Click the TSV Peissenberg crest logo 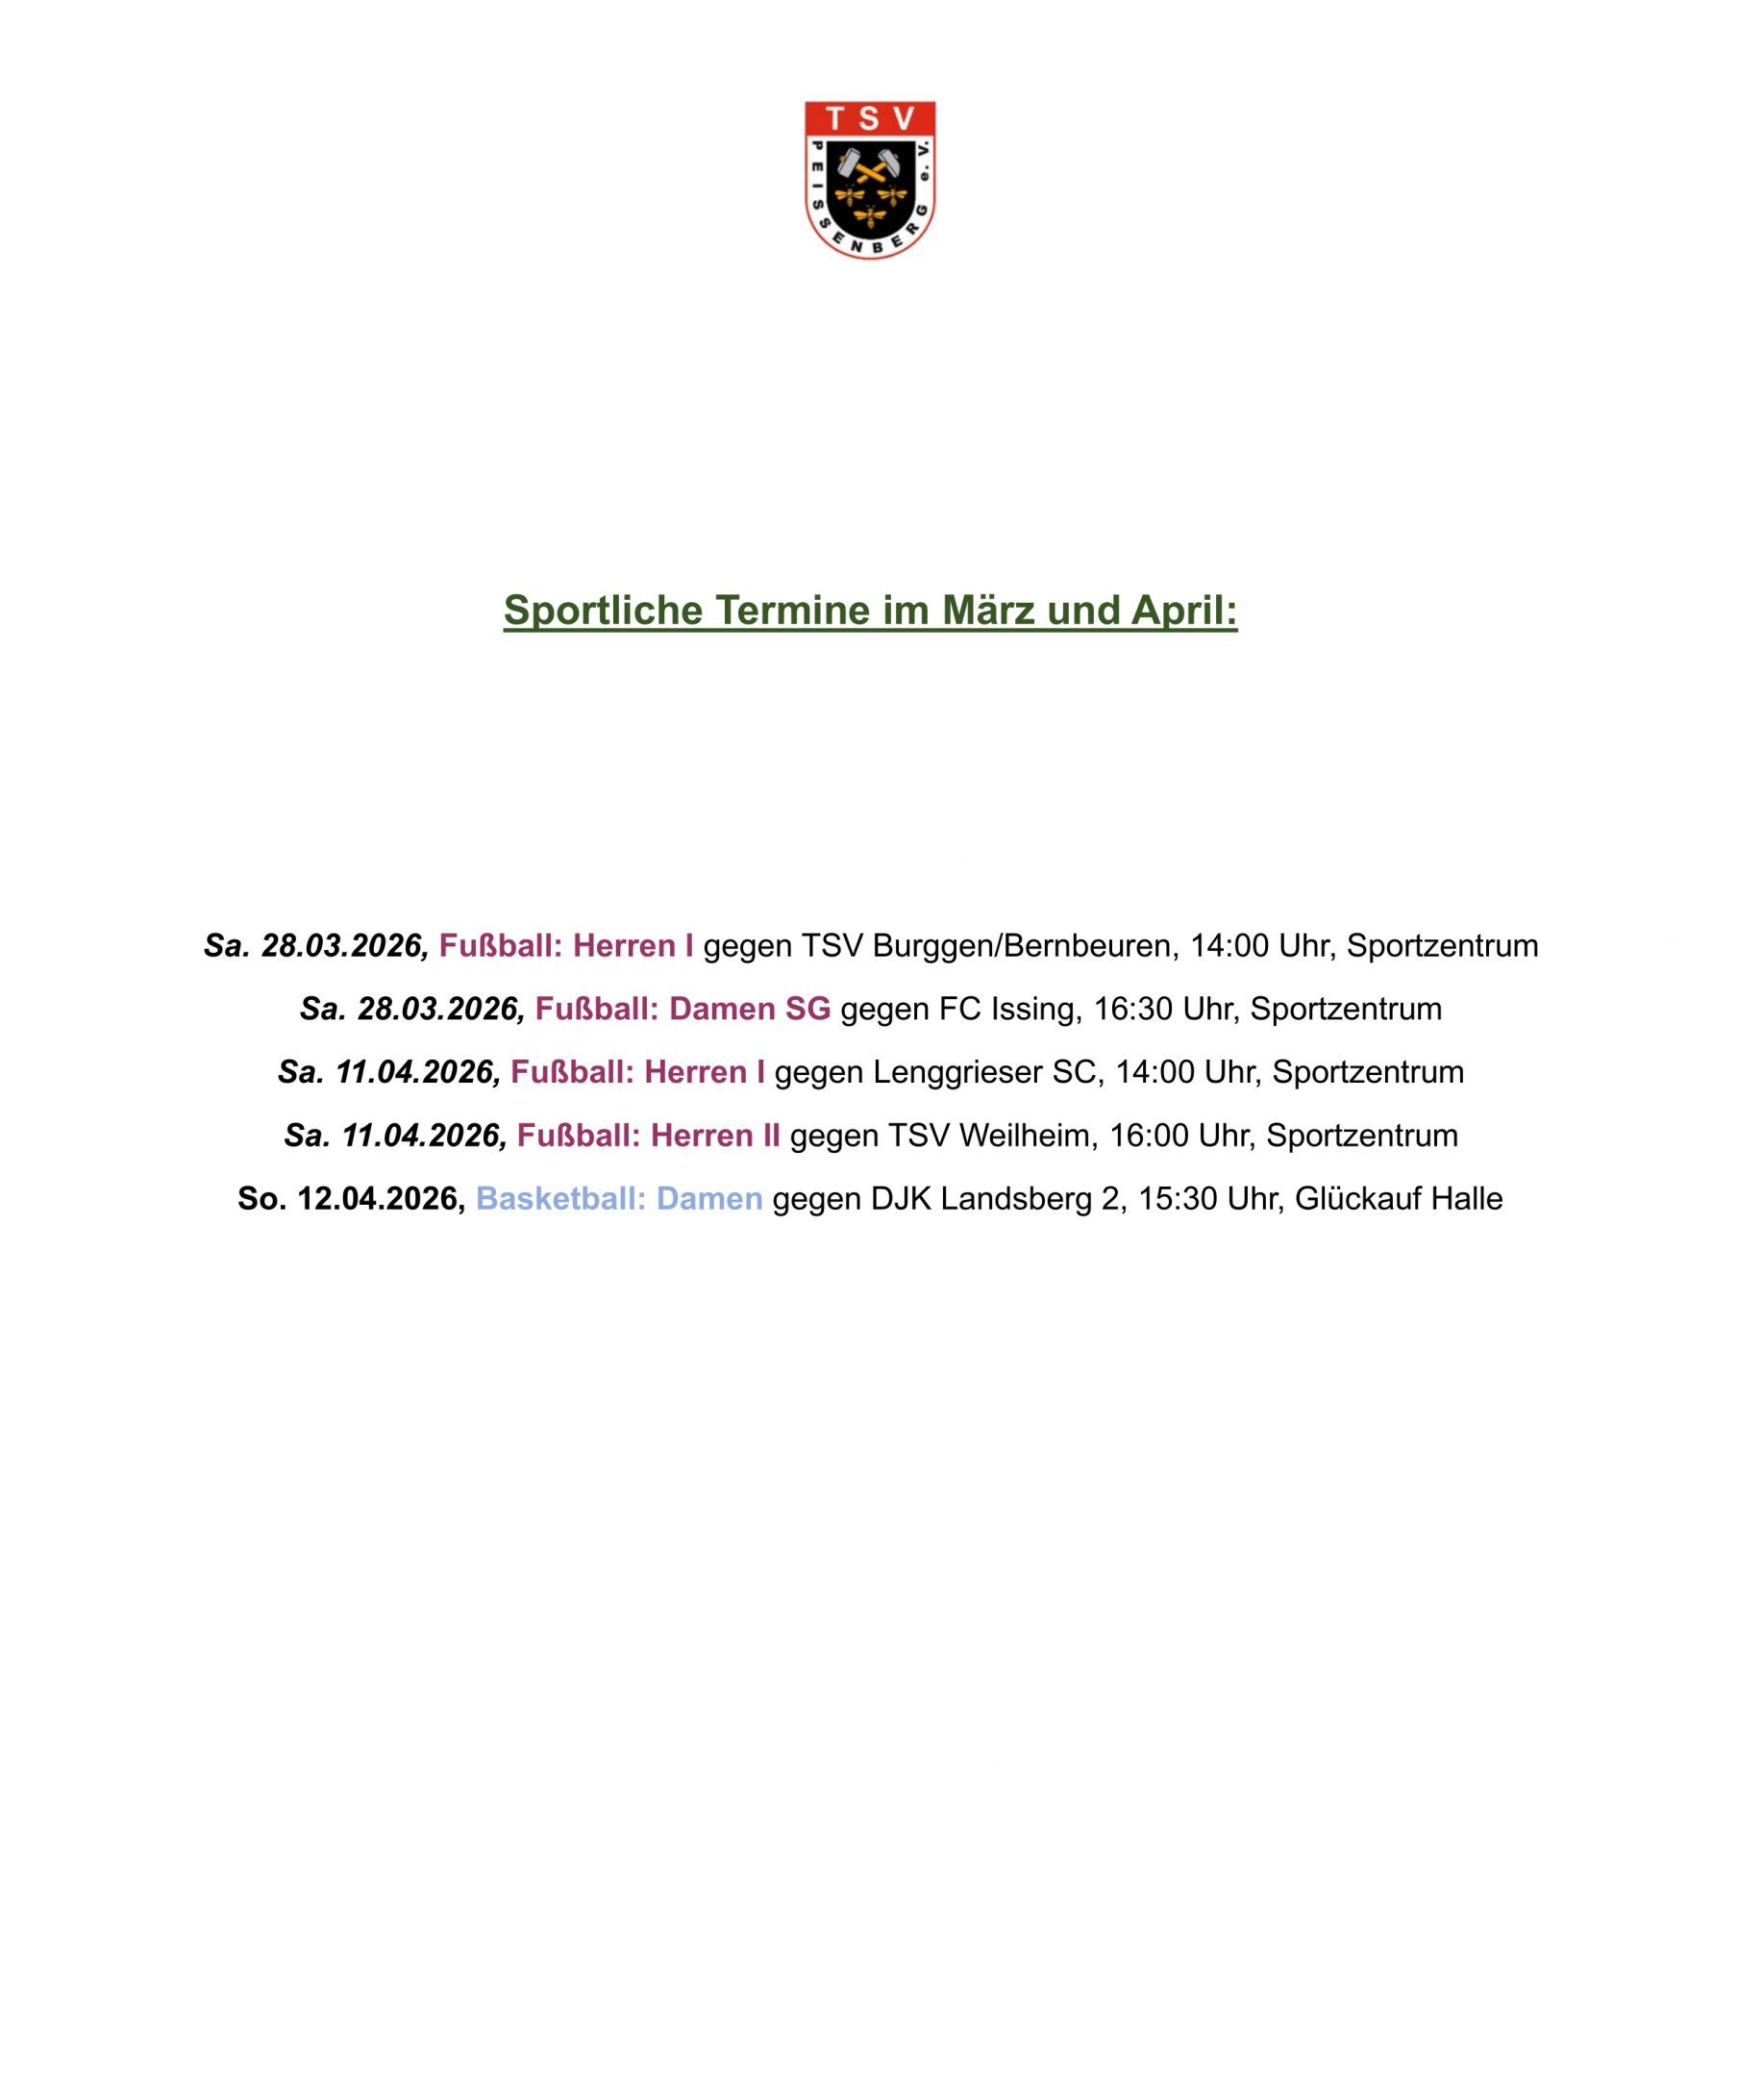tap(870, 180)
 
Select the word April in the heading tap(1183, 611)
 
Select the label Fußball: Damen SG tap(683, 1009)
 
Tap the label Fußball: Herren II tap(648, 1136)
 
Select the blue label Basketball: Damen tap(619, 1198)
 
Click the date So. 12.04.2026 tap(351, 1198)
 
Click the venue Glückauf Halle tap(1399, 1198)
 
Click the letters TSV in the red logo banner tap(870, 119)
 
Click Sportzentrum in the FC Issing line tap(1345, 1009)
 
